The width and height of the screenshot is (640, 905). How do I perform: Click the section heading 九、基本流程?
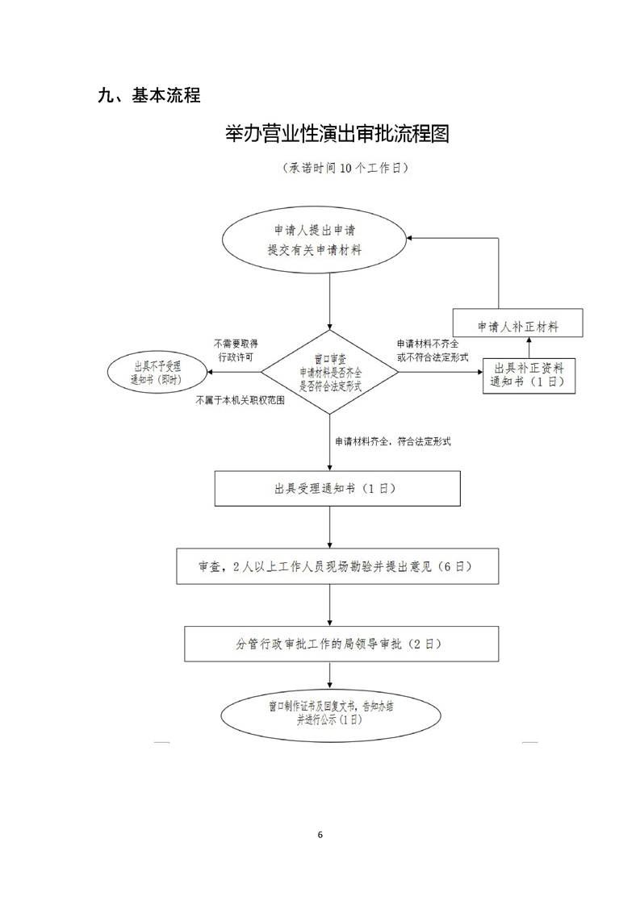pos(148,96)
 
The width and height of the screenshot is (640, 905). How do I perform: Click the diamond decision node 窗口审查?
pos(329,373)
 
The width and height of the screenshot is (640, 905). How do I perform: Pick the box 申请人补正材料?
pos(517,326)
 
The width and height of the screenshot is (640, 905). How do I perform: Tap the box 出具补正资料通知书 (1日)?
pos(529,375)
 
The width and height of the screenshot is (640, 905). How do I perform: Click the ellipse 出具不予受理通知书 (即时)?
pos(157,373)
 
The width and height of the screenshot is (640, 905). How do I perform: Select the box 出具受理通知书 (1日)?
pos(337,489)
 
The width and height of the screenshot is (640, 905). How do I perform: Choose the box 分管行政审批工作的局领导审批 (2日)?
pos(337,644)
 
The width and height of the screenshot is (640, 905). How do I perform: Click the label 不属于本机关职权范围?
pos(239,400)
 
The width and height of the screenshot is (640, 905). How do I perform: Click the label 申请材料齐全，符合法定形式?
pos(392,441)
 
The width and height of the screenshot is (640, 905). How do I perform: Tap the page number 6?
pos(320,834)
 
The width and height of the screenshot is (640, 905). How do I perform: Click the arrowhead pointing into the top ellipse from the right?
pos(412,239)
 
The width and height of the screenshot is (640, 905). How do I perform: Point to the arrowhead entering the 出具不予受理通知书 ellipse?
pos(211,373)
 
